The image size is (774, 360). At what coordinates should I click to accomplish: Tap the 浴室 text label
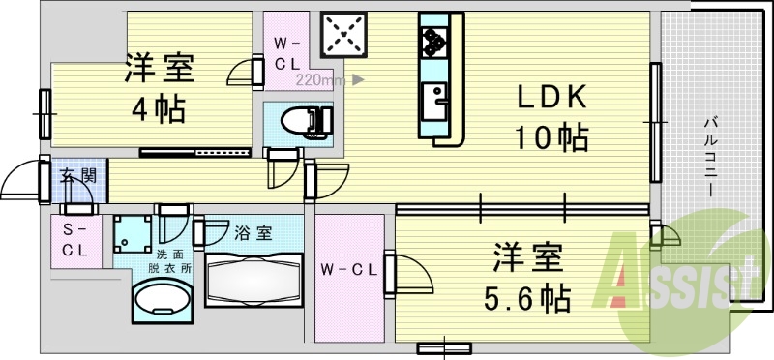tap(253, 232)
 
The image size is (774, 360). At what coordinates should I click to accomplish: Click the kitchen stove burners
tap(432, 40)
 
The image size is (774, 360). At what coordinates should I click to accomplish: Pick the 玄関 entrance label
tap(76, 176)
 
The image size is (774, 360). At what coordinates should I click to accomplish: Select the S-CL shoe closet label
tap(75, 238)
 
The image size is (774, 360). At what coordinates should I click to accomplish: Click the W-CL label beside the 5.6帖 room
tap(348, 268)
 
